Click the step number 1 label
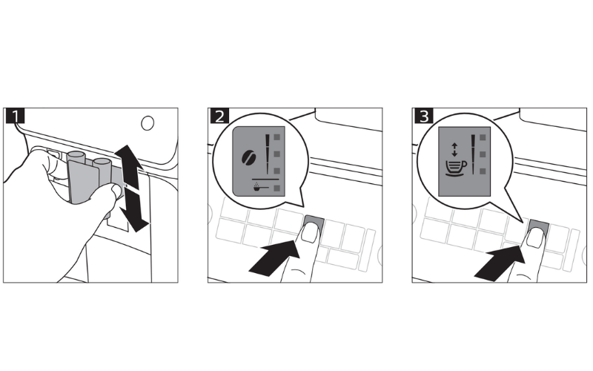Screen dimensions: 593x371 point(15,116)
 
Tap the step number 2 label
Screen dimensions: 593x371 point(219,116)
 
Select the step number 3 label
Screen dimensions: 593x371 point(423,116)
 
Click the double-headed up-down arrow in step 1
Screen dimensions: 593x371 point(130,188)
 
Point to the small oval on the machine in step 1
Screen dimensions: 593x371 point(148,123)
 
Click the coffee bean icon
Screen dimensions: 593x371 point(249,157)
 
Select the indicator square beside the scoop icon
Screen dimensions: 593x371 point(277,188)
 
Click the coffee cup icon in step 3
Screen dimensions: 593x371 point(456,168)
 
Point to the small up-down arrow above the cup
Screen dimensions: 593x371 point(454,150)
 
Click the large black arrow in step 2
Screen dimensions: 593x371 point(274,257)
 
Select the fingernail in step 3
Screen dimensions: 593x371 point(534,238)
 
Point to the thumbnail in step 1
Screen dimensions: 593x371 point(116,191)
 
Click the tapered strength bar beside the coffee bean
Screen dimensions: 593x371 point(268,154)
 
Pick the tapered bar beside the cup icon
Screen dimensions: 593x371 point(473,154)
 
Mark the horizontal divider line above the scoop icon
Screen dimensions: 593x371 point(265,179)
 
